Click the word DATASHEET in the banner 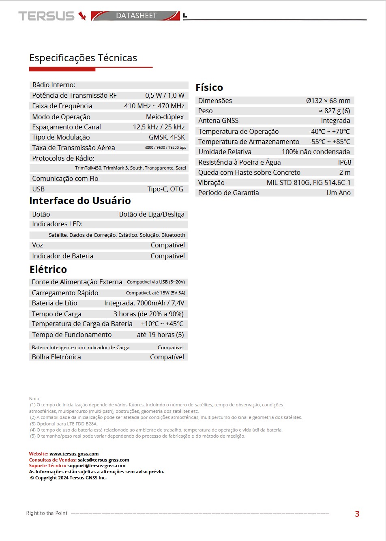(x=136, y=16)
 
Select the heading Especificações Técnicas (x=83, y=58)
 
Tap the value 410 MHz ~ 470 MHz (x=154, y=106)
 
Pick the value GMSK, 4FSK (x=167, y=137)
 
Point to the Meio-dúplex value (x=165, y=117)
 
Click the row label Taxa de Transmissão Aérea (x=73, y=148)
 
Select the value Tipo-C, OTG (x=165, y=189)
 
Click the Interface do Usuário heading (x=80, y=201)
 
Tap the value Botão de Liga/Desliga (x=152, y=214)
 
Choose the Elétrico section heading (x=48, y=269)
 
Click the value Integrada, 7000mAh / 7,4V (x=144, y=303)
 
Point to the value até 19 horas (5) (x=160, y=335)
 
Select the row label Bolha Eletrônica (x=56, y=357)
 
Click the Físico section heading (x=209, y=88)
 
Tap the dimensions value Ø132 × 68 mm (x=328, y=101)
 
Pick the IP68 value (x=345, y=162)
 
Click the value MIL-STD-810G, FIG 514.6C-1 (x=308, y=182)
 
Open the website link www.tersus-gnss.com (x=74, y=454)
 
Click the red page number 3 (x=357, y=514)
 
